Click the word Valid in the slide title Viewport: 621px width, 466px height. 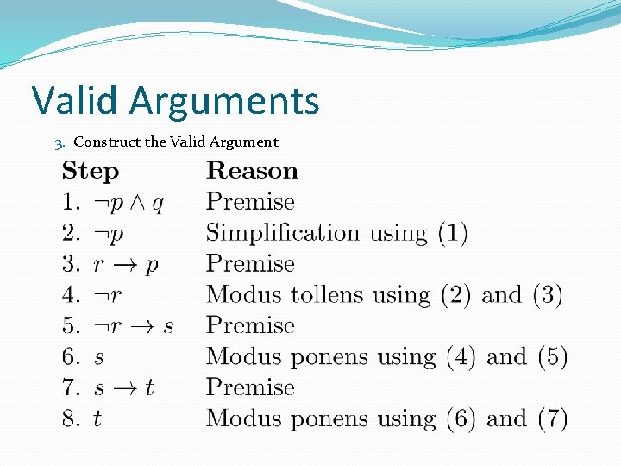(77, 101)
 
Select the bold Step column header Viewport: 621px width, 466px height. (90, 172)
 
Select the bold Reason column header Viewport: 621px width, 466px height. (252, 171)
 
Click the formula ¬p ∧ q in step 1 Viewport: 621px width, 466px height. (129, 203)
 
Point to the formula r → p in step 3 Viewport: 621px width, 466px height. (126, 265)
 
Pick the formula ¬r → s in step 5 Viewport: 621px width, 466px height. (133, 326)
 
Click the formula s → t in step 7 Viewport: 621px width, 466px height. (123, 388)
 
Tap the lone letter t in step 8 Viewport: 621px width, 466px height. (97, 419)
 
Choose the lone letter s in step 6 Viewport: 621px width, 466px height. (98, 357)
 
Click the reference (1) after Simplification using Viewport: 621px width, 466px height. (452, 234)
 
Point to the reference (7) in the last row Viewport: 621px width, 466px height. (552, 419)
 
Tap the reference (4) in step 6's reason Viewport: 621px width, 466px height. (461, 357)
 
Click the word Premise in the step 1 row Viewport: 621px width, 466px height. (250, 202)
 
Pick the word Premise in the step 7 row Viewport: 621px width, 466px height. (250, 388)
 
